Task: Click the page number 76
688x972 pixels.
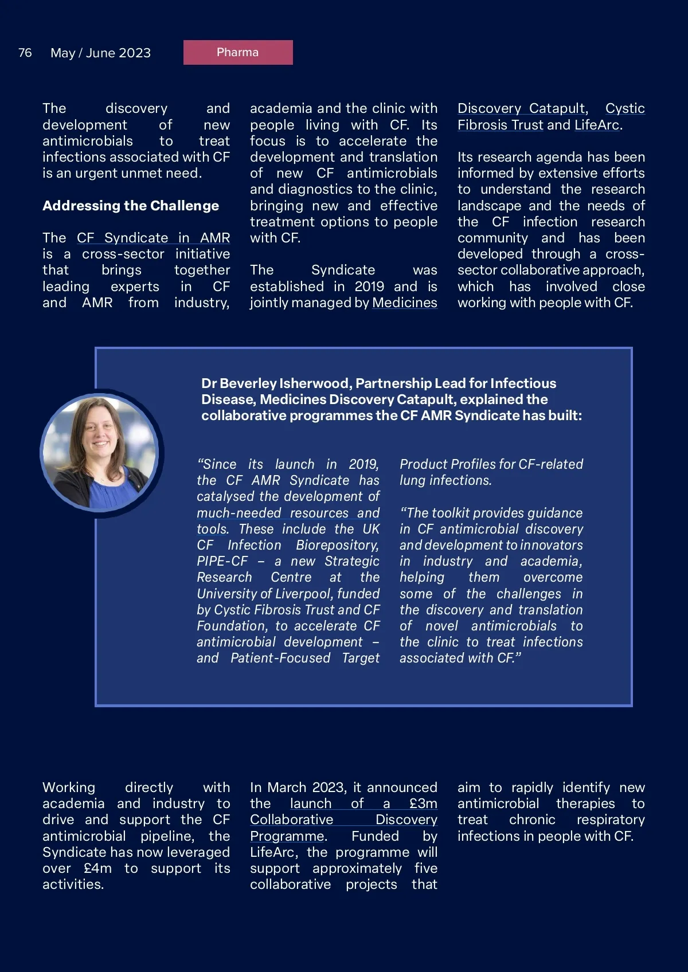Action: [25, 53]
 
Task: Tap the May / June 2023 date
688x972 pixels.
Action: [100, 53]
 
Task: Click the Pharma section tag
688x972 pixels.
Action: [238, 52]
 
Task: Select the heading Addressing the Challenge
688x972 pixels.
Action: [131, 206]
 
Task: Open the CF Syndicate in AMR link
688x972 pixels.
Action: [153, 238]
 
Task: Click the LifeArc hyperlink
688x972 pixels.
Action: [597, 125]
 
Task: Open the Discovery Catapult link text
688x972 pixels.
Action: [521, 108]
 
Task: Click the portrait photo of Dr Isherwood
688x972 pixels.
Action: [100, 453]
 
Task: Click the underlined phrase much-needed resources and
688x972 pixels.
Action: [288, 513]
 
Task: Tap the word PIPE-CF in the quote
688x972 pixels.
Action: [222, 561]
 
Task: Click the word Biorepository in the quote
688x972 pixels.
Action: [337, 545]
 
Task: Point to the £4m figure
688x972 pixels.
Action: [97, 868]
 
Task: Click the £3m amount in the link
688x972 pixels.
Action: [423, 804]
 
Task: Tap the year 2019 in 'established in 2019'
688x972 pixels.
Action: [369, 287]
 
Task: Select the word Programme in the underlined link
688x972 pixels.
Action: [287, 836]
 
